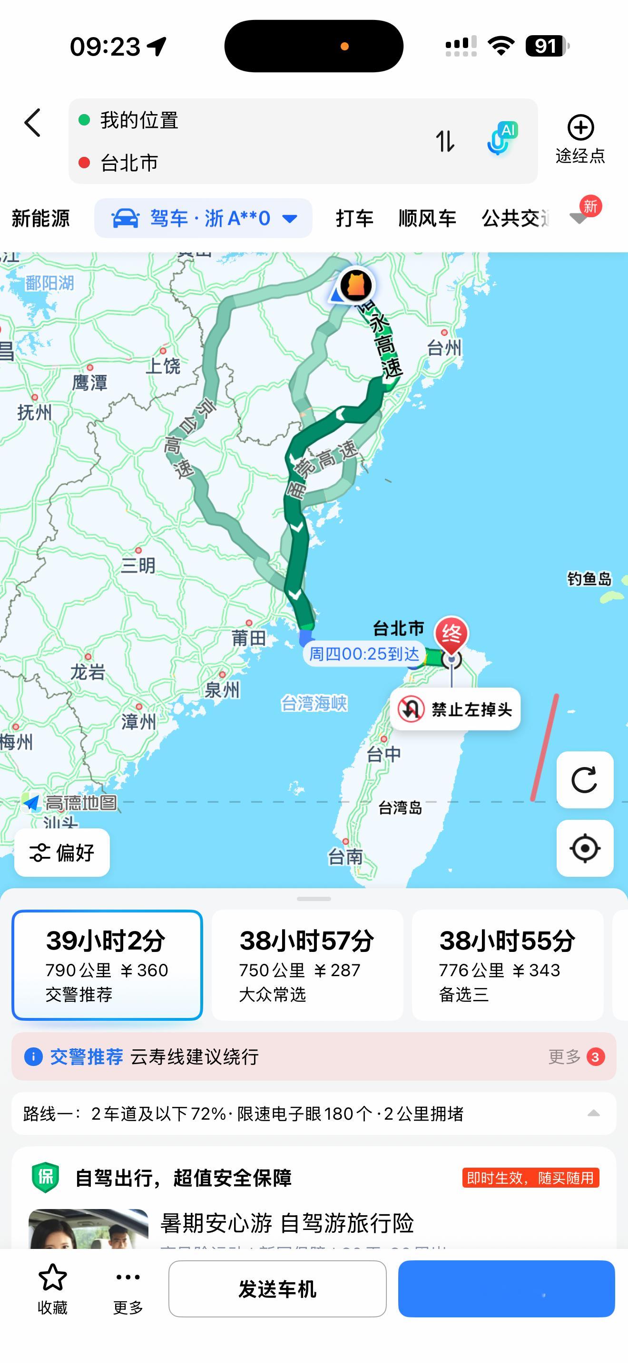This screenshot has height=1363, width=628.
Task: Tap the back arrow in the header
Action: click(x=33, y=123)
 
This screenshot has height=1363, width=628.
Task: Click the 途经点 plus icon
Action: click(x=580, y=128)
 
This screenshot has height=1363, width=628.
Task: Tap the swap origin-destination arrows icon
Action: click(x=445, y=141)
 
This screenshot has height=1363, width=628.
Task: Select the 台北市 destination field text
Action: click(x=129, y=163)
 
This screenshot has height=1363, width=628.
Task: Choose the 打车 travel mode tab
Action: click(x=354, y=218)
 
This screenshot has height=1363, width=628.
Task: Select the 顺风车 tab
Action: click(x=427, y=218)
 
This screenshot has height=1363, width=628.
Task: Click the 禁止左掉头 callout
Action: click(x=455, y=709)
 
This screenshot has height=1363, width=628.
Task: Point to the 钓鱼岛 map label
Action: click(x=589, y=579)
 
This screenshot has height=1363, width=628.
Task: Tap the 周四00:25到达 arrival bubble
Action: click(x=364, y=654)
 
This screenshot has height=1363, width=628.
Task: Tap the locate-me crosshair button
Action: click(x=585, y=848)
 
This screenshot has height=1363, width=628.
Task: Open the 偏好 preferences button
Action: click(x=62, y=853)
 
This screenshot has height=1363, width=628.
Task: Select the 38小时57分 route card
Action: click(x=307, y=965)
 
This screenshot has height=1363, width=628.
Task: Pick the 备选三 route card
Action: click(x=507, y=965)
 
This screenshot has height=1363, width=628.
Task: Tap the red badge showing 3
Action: click(x=595, y=1057)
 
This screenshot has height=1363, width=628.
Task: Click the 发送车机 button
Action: click(x=277, y=1288)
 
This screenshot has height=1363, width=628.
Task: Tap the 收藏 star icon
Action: click(x=52, y=1278)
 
